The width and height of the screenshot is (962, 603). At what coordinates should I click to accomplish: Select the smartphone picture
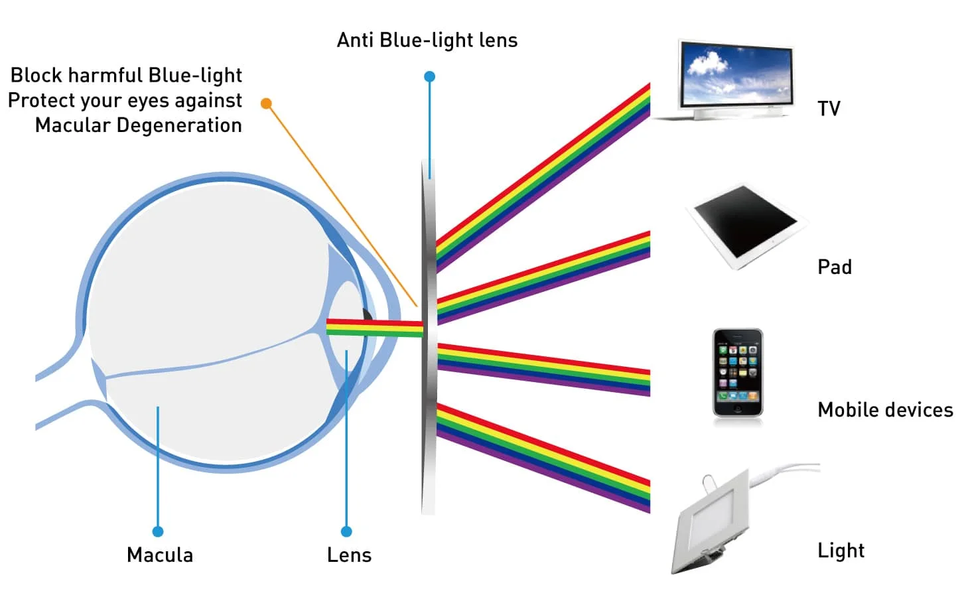coord(738,372)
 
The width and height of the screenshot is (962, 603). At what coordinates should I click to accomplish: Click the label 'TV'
coord(829,109)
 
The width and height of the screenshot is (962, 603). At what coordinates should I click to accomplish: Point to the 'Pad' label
coord(834,267)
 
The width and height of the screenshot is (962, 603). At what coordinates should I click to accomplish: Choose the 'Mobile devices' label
coord(885,410)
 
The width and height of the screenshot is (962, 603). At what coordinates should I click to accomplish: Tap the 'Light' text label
coord(841,551)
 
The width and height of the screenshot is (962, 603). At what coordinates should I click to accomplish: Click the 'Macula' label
coord(160,555)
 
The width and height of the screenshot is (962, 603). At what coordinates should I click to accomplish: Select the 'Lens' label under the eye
coord(349,555)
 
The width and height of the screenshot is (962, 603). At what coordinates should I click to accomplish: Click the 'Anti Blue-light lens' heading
coord(427,40)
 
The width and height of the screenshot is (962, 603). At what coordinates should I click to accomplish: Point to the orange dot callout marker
coord(266,103)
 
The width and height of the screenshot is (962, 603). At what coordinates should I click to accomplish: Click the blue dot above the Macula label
coord(158,531)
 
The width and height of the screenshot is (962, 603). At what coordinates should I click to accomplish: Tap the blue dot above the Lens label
coord(346,531)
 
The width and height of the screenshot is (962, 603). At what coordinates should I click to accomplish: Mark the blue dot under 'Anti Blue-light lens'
coord(430,77)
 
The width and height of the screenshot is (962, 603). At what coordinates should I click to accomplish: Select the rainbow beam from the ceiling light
coord(544,458)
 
